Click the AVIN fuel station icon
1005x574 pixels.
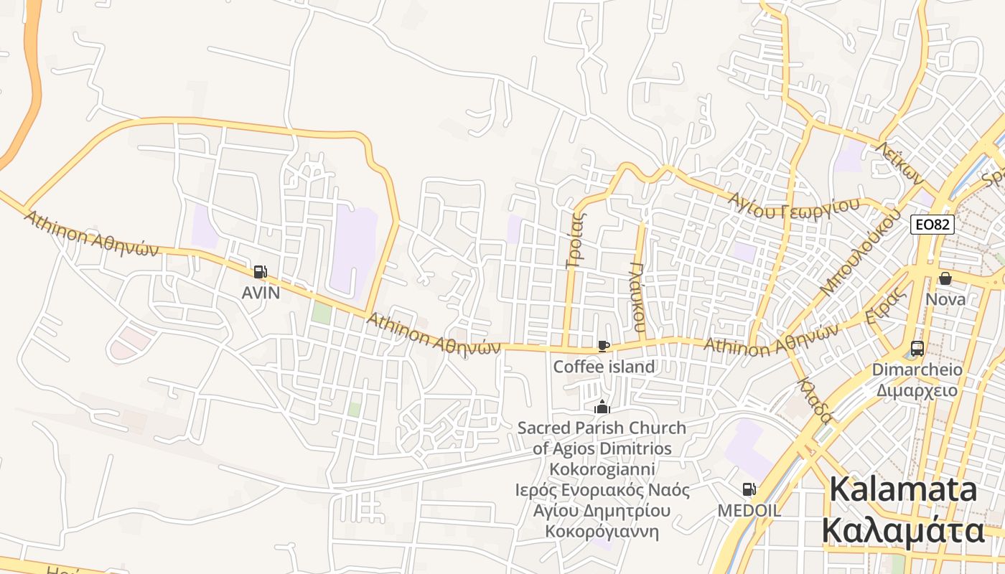tap(260, 272)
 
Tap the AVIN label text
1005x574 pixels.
tap(261, 293)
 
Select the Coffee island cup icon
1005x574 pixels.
tap(604, 347)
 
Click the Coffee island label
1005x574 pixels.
tap(604, 367)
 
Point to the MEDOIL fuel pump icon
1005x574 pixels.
tap(749, 490)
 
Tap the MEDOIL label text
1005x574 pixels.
tap(749, 510)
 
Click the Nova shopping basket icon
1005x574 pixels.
tap(945, 278)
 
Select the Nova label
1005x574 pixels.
tap(945, 298)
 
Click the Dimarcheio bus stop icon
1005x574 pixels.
tap(917, 349)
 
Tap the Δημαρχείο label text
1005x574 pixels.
tap(917, 390)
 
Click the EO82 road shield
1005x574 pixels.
tap(932, 225)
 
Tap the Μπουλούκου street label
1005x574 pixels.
tap(860, 253)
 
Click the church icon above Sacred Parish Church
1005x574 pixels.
tap(602, 408)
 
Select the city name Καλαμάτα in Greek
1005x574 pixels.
tap(902, 531)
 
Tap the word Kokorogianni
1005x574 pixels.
tap(602, 469)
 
